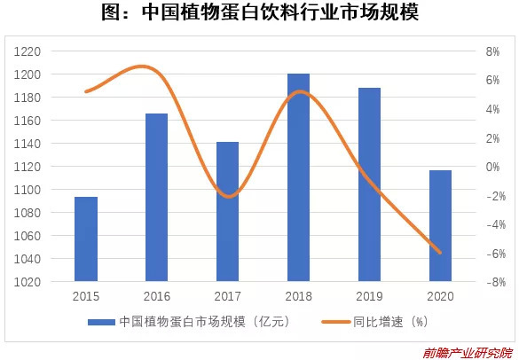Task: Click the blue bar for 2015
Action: [86, 239]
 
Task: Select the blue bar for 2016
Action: [156, 197]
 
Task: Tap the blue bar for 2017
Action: [227, 211]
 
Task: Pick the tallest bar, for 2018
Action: [299, 177]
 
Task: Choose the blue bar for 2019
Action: [369, 184]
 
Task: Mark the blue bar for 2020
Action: [440, 225]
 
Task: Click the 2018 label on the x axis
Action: [299, 296]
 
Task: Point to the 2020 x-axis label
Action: [440, 296]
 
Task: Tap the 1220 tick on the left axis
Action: [28, 51]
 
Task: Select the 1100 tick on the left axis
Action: [28, 190]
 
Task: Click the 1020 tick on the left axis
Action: [28, 282]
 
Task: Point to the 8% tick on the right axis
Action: [492, 51]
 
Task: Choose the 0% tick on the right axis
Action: [492, 167]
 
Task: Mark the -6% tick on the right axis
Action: [496, 254]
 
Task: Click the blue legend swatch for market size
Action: [101, 322]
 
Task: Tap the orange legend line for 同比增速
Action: [335, 322]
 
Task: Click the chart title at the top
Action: [260, 12]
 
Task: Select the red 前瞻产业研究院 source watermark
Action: [468, 353]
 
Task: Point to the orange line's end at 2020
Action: [440, 253]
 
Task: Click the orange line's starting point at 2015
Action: [86, 91]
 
